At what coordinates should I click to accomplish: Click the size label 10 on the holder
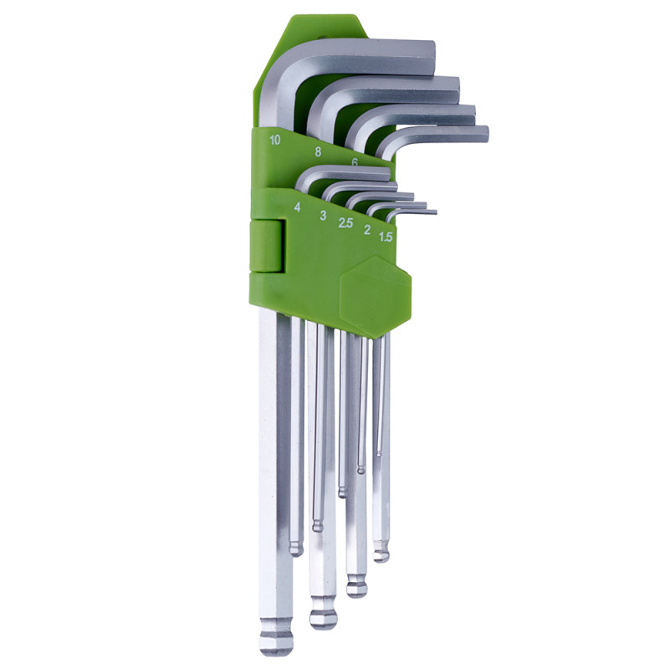coord(275,140)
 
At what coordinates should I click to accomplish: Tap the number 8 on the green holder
coord(318,151)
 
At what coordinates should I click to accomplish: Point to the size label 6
coord(355,162)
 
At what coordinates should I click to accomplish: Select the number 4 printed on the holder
coord(298,207)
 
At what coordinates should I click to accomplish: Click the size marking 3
coord(323,216)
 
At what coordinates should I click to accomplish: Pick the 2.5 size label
coord(345,222)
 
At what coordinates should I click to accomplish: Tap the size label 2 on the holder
coord(366,230)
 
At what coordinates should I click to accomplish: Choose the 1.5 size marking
coord(386,237)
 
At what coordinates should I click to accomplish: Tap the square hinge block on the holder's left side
coord(267,246)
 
